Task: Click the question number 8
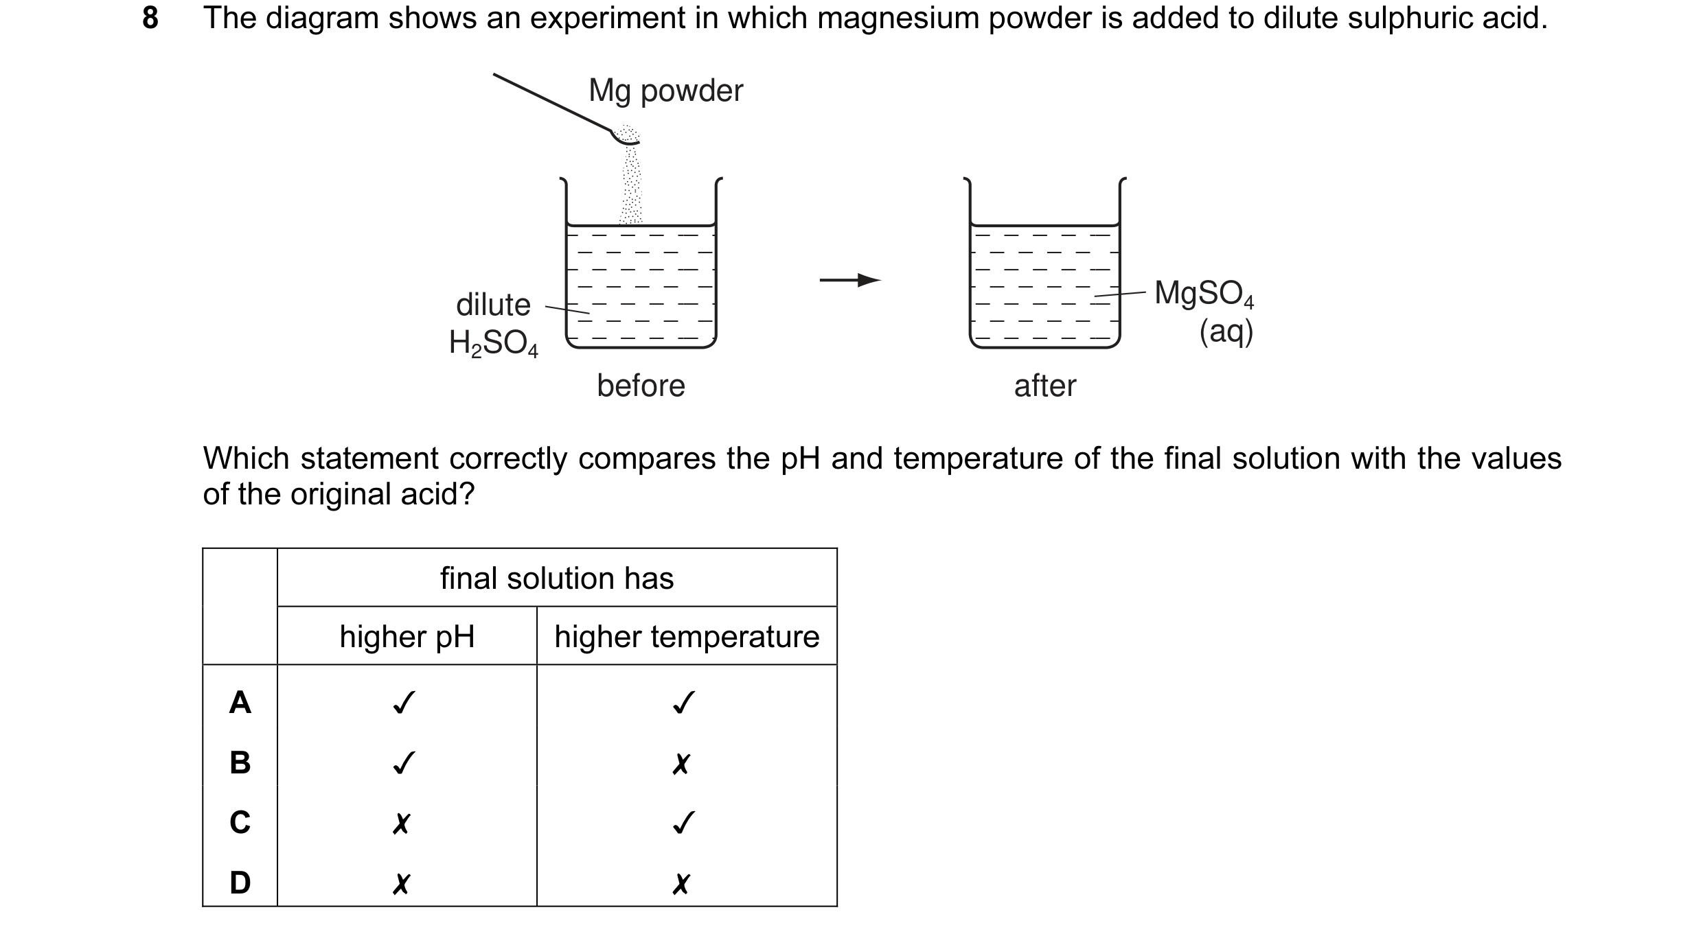pyautogui.click(x=150, y=18)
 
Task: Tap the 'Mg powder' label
pyautogui.click(x=665, y=91)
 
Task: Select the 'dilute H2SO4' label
pyautogui.click(x=493, y=323)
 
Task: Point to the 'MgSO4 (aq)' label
pyautogui.click(x=1205, y=311)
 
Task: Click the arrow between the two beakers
pyautogui.click(x=850, y=280)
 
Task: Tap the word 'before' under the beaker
pyautogui.click(x=641, y=386)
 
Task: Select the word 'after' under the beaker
pyautogui.click(x=1044, y=386)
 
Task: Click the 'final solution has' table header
pyautogui.click(x=557, y=579)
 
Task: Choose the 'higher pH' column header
pyautogui.click(x=407, y=637)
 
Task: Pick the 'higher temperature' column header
pyautogui.click(x=687, y=637)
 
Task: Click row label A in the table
pyautogui.click(x=240, y=703)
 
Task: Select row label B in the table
pyautogui.click(x=240, y=762)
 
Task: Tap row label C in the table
pyautogui.click(x=240, y=822)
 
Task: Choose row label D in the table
pyautogui.click(x=240, y=882)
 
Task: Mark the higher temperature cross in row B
pyautogui.click(x=681, y=763)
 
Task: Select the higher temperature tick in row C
pyautogui.click(x=683, y=822)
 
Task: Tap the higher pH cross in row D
pyautogui.click(x=401, y=883)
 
